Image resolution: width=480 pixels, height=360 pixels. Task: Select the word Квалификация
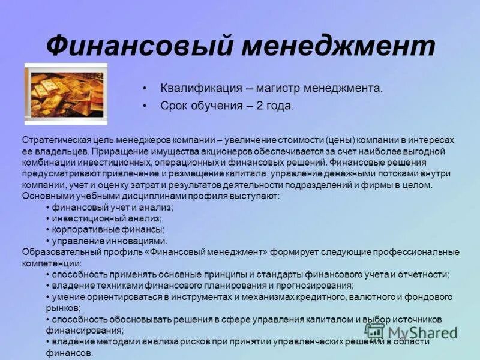tap(200, 88)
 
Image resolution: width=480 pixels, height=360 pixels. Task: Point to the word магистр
tap(277, 88)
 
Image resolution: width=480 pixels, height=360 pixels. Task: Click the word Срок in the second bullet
tap(175, 106)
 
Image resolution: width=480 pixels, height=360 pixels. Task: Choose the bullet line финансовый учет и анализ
tap(112, 207)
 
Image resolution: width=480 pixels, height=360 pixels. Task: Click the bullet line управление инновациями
tap(106, 241)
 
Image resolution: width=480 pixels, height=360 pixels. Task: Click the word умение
tap(68, 296)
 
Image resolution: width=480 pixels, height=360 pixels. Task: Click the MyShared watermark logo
tap(412, 331)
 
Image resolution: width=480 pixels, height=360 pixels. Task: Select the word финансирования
tap(85, 330)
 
